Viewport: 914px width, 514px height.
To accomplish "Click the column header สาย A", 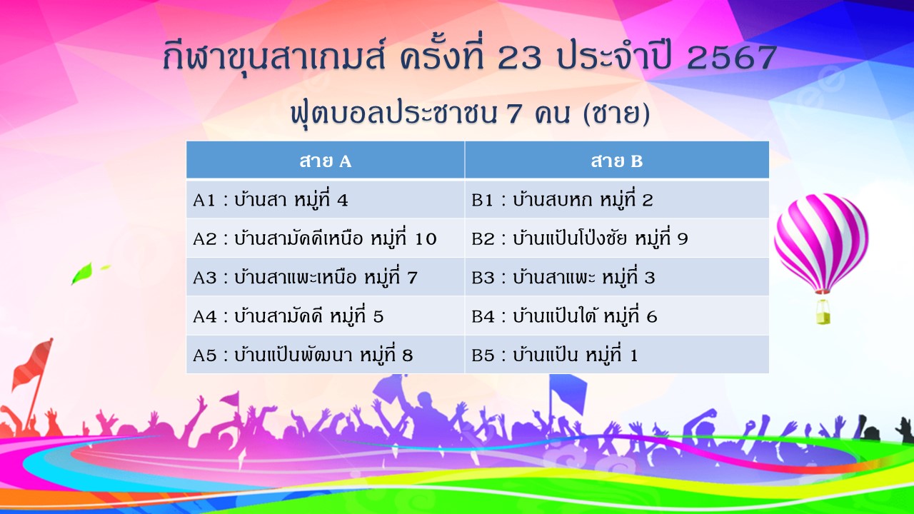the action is (x=325, y=160).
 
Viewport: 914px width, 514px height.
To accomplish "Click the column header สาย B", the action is (x=617, y=160).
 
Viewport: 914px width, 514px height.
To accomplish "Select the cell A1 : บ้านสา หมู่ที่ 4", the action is (x=325, y=199).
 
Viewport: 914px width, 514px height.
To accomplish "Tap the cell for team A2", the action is (x=325, y=238).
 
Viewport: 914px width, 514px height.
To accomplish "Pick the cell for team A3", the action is (x=325, y=276).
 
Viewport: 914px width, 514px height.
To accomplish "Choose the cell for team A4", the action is (x=325, y=316).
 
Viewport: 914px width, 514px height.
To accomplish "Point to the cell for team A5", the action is (x=325, y=354).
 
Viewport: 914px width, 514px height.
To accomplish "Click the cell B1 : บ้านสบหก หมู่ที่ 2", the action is (x=617, y=199).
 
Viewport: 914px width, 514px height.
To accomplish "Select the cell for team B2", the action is (x=617, y=238).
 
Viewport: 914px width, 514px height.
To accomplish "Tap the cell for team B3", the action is (x=617, y=276).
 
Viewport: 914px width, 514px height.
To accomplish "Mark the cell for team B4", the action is (x=617, y=316).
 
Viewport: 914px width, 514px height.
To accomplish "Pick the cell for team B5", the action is (x=617, y=354).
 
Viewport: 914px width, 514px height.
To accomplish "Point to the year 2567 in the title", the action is (x=732, y=58).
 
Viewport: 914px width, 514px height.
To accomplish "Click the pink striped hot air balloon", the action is (x=821, y=243).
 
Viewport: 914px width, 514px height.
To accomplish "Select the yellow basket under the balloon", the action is (x=823, y=313).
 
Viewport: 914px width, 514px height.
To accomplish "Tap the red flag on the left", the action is (x=33, y=364).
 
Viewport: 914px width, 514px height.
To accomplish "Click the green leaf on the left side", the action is (x=82, y=273).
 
